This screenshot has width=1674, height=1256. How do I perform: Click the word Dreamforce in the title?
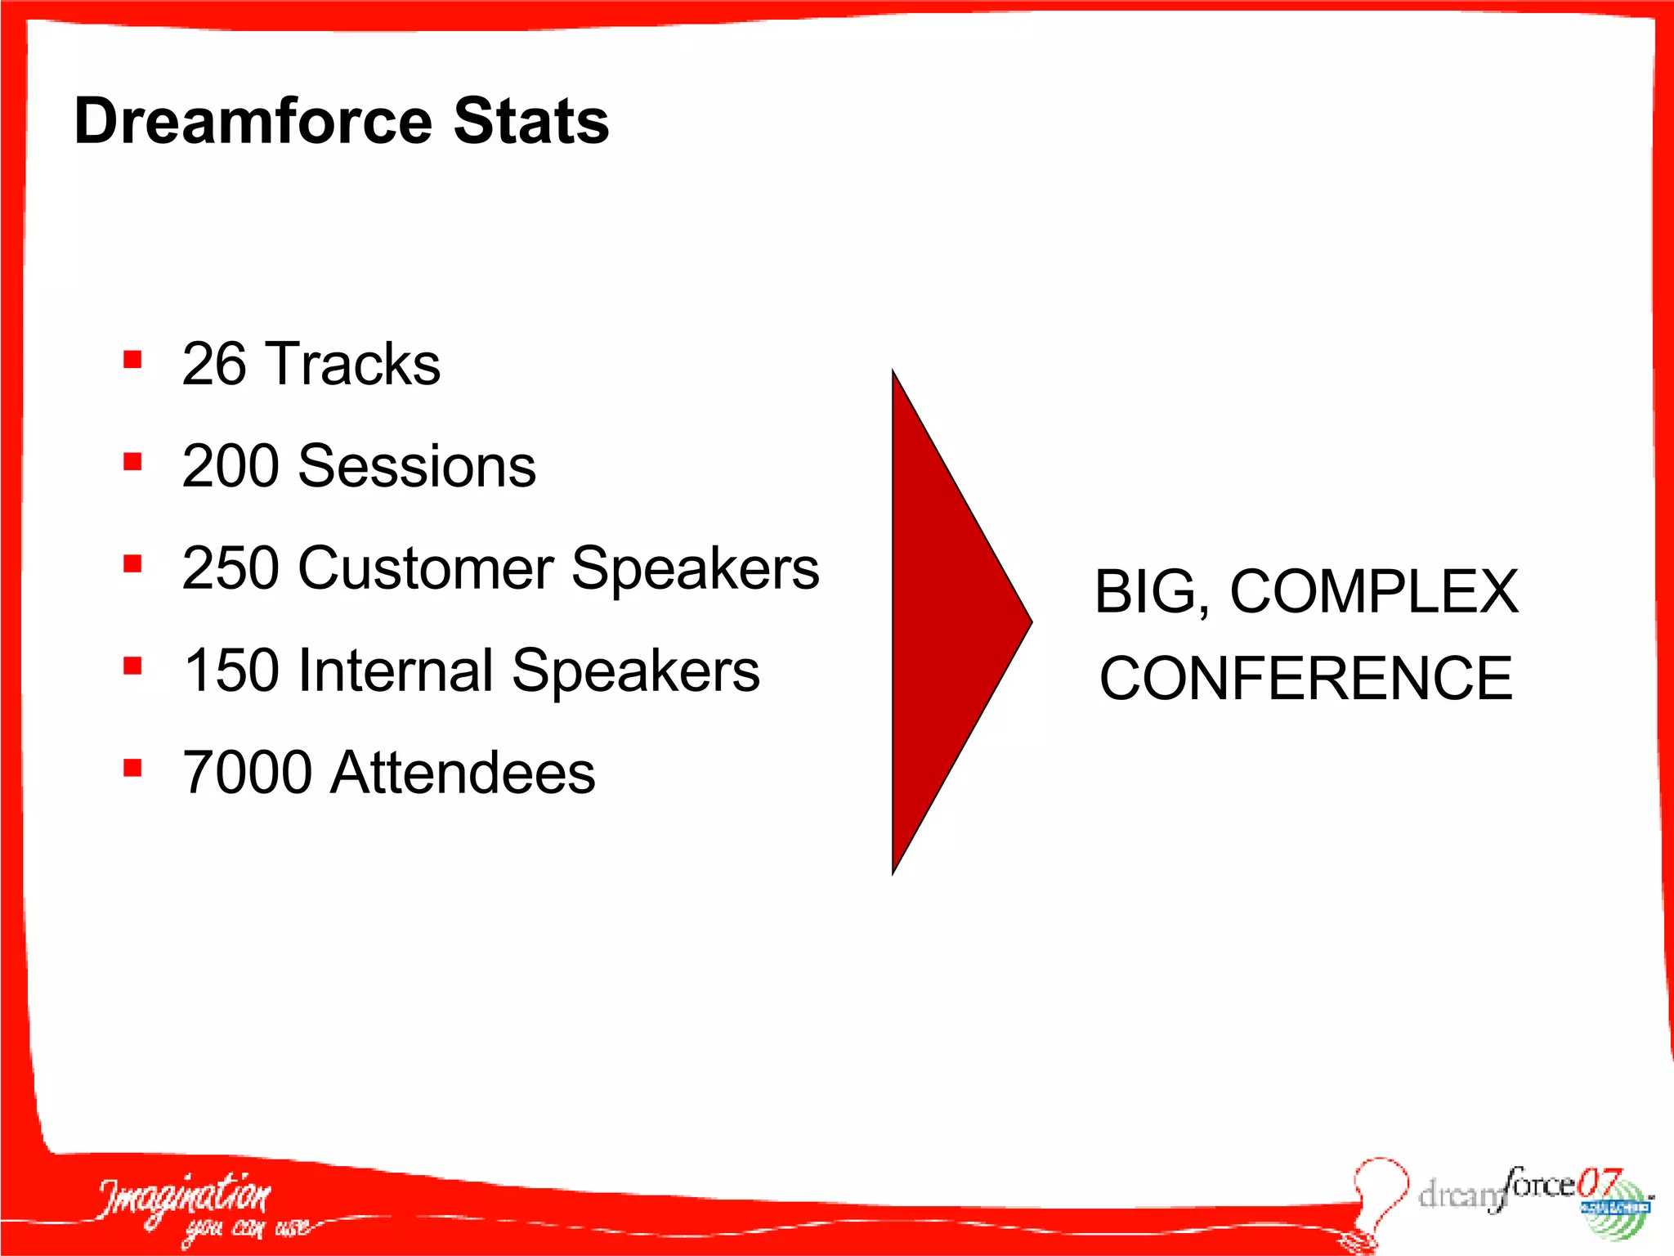[x=253, y=121]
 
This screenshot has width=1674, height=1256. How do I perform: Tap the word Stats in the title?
[x=531, y=121]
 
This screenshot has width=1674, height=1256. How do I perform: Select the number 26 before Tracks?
[x=213, y=364]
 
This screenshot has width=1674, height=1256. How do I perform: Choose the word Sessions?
[x=417, y=466]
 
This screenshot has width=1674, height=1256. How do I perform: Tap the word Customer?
[x=426, y=568]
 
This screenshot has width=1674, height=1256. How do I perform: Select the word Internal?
[x=396, y=671]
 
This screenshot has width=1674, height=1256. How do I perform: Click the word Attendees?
[x=463, y=773]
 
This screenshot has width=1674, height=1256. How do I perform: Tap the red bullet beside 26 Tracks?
[x=132, y=360]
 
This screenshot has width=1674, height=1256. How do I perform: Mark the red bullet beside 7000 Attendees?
[x=132, y=768]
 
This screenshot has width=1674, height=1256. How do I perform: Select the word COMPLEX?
[x=1374, y=591]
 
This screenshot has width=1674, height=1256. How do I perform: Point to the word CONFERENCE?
[x=1305, y=678]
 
